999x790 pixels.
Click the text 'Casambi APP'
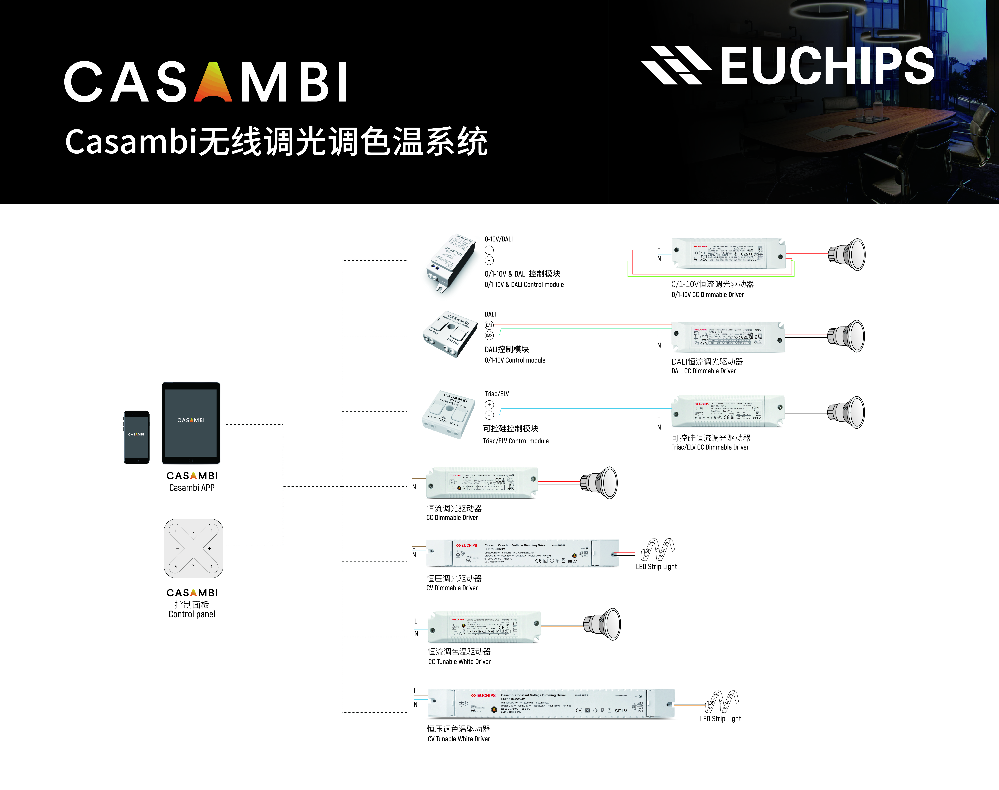point(192,488)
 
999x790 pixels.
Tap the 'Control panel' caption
point(192,614)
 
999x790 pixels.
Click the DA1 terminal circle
point(489,325)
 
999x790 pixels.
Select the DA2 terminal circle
point(489,335)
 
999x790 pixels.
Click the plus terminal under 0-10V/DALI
point(489,250)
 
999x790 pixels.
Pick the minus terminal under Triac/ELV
point(489,415)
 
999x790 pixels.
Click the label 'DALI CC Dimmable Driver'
point(703,371)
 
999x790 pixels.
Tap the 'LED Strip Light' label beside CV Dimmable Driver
point(656,567)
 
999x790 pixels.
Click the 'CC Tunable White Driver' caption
point(459,661)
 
